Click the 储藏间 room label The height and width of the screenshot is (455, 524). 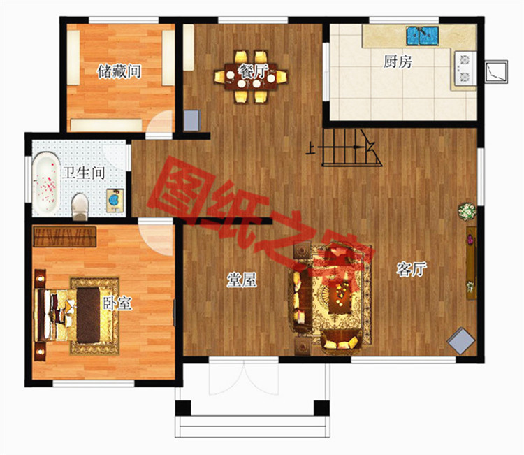[119, 71]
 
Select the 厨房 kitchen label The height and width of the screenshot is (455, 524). [398, 62]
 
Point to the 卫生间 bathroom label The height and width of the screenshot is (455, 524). [85, 173]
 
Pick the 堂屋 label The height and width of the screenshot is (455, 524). [242, 280]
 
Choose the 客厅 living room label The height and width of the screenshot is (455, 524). [412, 269]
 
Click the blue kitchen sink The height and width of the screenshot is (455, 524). [422, 36]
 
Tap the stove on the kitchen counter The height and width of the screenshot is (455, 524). [465, 69]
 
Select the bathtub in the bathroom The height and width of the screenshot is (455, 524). [46, 183]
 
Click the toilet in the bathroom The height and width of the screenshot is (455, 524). [80, 207]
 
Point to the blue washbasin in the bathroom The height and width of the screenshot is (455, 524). [115, 201]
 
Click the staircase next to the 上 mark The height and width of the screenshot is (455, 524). [351, 147]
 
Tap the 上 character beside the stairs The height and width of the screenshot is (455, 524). [310, 148]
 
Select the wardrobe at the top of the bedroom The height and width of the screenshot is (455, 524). [65, 237]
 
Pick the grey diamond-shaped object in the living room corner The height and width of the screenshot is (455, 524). [461, 340]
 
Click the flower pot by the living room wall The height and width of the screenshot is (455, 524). [467, 211]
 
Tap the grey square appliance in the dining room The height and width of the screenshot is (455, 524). [192, 120]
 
